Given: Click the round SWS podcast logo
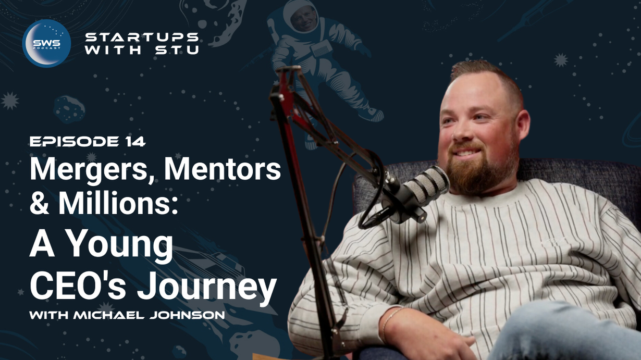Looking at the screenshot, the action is click(x=47, y=43).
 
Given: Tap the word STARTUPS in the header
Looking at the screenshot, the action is click(x=142, y=37).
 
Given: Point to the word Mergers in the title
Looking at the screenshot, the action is click(x=91, y=170).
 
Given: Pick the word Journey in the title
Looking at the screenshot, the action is click(x=206, y=287).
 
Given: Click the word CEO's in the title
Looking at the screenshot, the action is click(x=78, y=285).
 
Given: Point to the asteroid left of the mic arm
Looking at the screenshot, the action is click(x=69, y=109).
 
